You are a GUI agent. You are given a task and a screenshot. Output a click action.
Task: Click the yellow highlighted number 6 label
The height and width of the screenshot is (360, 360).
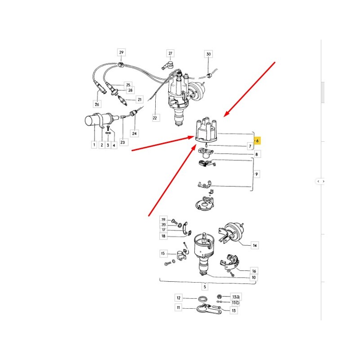[257, 140]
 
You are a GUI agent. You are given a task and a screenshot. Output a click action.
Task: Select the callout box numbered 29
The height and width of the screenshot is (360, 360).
[121, 52]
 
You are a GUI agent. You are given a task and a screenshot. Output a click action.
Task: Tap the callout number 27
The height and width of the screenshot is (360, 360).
[170, 53]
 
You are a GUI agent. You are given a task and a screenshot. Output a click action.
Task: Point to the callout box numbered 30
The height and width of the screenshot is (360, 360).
[208, 54]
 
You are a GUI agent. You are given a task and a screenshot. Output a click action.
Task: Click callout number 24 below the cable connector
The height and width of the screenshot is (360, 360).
[134, 133]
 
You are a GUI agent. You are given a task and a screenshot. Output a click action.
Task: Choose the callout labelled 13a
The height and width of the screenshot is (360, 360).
[235, 297]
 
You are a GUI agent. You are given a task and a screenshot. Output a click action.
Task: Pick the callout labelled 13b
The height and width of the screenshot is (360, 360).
[235, 302]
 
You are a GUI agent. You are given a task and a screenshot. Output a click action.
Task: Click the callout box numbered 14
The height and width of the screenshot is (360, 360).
[255, 245]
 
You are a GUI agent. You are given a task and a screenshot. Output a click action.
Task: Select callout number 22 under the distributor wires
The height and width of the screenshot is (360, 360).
[155, 118]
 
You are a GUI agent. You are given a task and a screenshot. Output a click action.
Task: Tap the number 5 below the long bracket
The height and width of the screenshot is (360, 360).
[205, 287]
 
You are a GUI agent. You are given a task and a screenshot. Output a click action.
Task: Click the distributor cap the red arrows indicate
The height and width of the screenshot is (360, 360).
[206, 130]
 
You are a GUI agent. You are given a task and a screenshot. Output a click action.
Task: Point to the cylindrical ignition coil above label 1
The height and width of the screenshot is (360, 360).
[101, 119]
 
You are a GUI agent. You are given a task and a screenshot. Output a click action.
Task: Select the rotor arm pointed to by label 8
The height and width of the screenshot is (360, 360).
[206, 153]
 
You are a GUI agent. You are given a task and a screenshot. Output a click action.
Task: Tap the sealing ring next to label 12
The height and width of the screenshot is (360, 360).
[202, 299]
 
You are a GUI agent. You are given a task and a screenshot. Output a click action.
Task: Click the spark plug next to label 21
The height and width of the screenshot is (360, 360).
[122, 100]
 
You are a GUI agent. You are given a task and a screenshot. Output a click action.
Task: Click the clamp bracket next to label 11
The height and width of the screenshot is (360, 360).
[208, 309]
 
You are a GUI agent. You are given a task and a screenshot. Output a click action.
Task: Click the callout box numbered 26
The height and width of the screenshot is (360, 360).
[97, 104]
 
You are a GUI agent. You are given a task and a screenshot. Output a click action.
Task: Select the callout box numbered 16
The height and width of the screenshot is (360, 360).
[254, 271]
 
